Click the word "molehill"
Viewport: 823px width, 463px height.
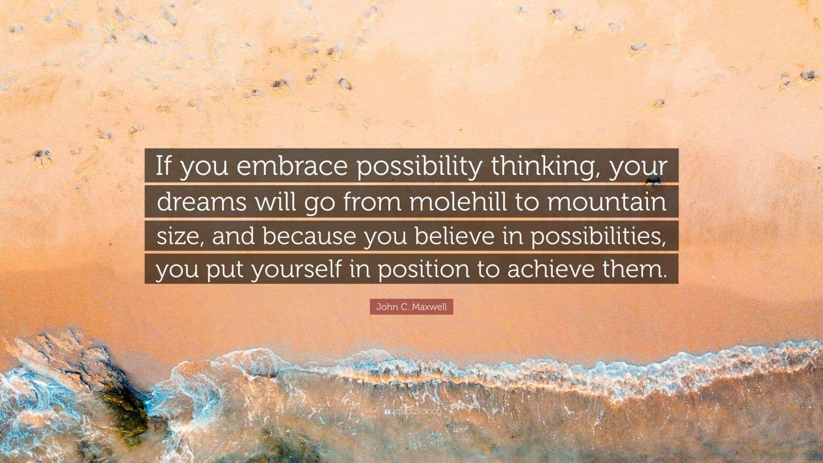[464, 202]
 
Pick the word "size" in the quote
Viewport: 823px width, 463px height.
[176, 237]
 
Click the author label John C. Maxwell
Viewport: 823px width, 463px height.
[411, 308]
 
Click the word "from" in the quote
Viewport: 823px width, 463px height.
[378, 202]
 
